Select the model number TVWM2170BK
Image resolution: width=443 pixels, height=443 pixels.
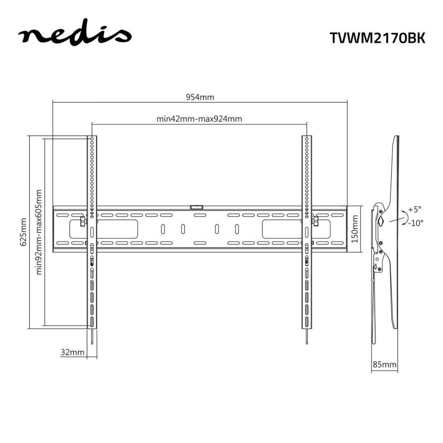[377, 38]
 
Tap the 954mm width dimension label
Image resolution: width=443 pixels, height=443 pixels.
[200, 97]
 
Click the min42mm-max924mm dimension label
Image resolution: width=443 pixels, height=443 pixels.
[199, 119]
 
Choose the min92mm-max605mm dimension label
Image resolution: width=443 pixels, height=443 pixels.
[39, 232]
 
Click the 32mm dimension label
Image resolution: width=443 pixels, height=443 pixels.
[72, 352]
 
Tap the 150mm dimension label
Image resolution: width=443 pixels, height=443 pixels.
[356, 228]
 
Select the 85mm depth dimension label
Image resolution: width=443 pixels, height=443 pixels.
[384, 364]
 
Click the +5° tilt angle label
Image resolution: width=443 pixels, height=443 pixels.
[415, 209]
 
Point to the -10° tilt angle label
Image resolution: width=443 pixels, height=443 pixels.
[415, 223]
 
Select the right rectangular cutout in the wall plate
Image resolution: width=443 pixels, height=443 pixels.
[282, 228]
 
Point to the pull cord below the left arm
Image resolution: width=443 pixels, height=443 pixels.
[93, 337]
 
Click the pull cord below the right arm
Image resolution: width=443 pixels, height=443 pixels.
[307, 337]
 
